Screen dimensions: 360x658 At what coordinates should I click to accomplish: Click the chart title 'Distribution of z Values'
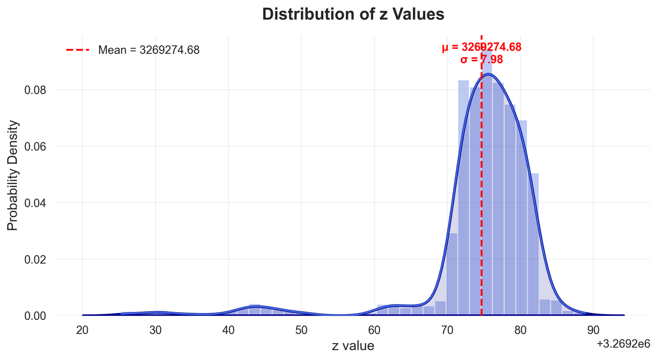pos(353,15)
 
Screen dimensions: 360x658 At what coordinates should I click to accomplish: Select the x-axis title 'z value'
pos(353,346)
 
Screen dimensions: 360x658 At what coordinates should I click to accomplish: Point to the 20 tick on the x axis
pos(82,330)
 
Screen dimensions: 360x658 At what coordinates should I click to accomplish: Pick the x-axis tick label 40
pos(228,330)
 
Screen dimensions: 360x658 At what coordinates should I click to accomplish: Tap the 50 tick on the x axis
pos(301,330)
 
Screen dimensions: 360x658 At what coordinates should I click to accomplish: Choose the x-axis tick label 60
pos(374,330)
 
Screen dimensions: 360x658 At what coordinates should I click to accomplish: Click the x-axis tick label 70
pos(447,330)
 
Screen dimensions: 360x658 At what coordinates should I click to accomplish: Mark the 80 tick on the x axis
pos(520,330)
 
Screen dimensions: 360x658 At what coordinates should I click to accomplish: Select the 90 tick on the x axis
pos(593,330)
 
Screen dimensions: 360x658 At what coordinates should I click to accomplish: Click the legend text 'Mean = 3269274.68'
pos(149,50)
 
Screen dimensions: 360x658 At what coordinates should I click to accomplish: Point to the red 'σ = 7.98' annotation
pos(481,60)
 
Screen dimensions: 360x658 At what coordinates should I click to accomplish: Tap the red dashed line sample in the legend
pos(78,50)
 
